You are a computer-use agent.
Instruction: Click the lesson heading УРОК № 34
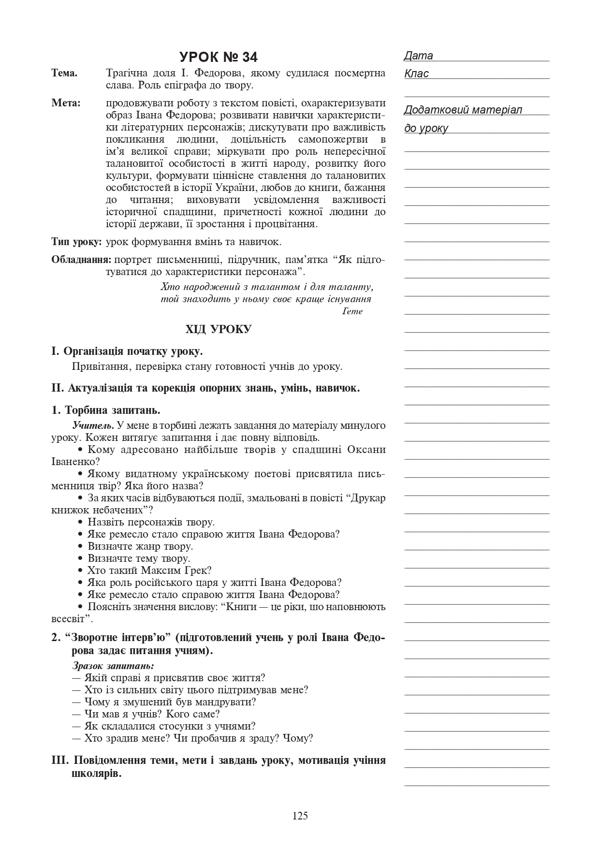point(219,57)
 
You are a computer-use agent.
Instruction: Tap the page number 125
point(300,816)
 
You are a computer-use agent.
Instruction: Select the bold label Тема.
point(64,73)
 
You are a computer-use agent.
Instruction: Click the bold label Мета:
point(66,103)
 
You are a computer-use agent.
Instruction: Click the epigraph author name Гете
point(352,311)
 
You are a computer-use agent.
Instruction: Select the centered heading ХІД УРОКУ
point(219,330)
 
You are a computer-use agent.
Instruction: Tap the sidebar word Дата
point(419,56)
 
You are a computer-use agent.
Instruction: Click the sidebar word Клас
point(416,74)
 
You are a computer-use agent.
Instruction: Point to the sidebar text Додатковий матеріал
point(463,110)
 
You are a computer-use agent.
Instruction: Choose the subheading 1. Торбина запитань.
point(106,410)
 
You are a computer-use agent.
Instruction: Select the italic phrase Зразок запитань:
point(113,666)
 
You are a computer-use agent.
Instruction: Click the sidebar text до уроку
point(426,129)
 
